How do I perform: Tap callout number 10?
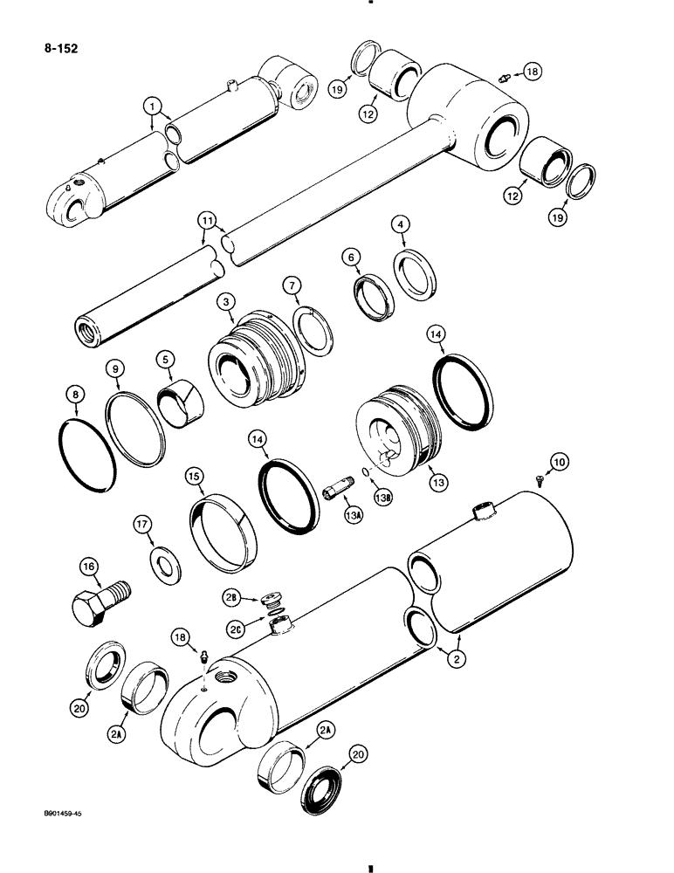[x=557, y=460]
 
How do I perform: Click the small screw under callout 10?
[x=540, y=479]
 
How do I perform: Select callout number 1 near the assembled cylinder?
[x=155, y=107]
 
